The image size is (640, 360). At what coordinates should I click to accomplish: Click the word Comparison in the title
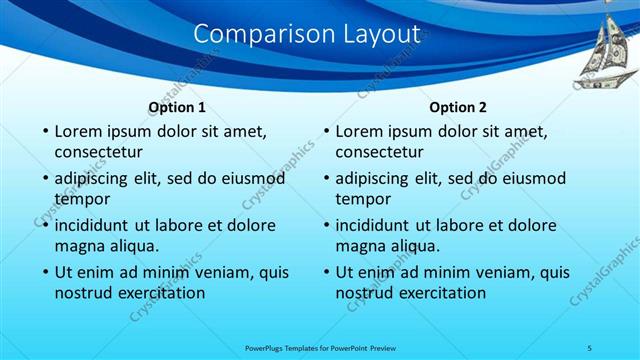point(254,33)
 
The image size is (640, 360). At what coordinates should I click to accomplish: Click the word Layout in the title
point(371,33)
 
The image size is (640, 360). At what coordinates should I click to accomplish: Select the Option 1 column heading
point(177,107)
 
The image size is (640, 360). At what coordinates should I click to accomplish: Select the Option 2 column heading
point(458,107)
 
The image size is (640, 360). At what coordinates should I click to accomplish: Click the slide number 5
point(590,347)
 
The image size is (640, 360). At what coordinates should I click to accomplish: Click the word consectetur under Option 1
point(98,153)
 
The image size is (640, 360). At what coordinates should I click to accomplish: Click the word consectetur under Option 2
point(379,153)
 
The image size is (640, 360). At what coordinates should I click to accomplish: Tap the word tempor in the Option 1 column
point(82,199)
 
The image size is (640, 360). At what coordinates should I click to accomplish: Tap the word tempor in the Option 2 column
point(363,199)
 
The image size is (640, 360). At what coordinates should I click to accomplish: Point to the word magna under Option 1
point(79,246)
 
